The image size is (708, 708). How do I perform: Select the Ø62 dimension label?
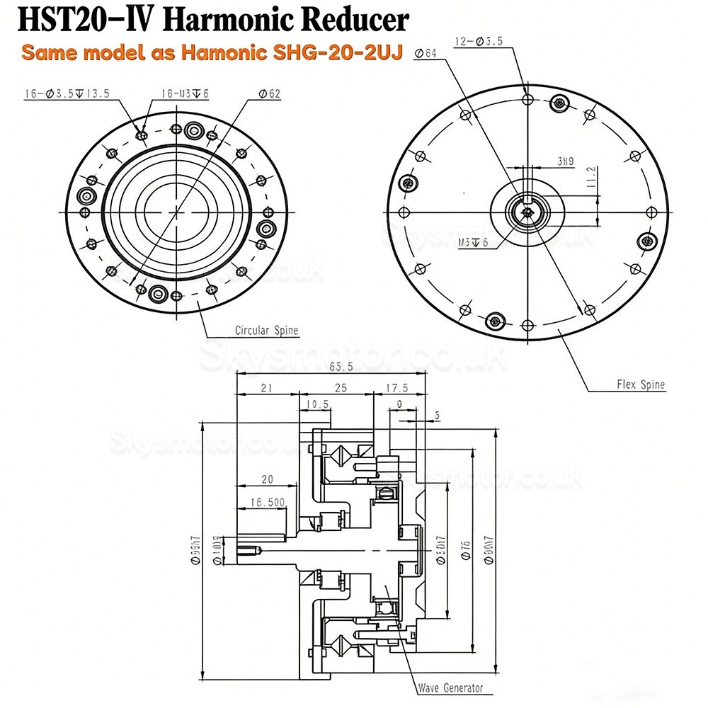click(267, 93)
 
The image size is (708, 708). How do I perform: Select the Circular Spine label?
click(266, 331)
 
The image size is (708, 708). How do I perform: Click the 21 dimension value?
click(267, 389)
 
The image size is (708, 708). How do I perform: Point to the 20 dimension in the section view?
click(266, 479)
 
